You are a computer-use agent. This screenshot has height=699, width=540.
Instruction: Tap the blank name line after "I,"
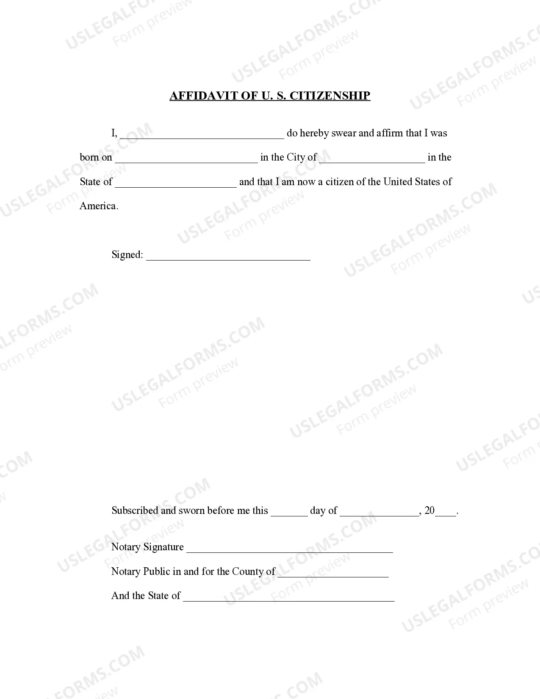pos(202,135)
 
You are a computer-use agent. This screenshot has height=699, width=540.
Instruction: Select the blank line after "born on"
pos(186,159)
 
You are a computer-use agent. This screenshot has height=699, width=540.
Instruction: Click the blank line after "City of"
pos(372,159)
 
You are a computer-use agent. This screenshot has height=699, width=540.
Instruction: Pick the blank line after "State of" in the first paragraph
pos(175,183)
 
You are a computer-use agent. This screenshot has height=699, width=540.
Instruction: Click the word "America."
pos(99,206)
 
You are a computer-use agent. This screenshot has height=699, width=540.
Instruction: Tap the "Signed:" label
pos(127,255)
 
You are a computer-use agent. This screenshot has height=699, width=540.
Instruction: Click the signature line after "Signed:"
pos(228,256)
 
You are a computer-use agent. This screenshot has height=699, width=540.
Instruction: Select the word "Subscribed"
pos(135,510)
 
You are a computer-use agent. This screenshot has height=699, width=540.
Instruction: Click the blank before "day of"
pos(289,512)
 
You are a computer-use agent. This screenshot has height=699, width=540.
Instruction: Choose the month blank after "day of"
pos(379,512)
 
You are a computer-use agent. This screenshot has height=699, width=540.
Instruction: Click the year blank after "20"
pos(446,512)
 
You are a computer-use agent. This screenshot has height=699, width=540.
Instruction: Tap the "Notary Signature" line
pos(290,549)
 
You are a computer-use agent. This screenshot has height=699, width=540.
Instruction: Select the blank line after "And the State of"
pos(288,598)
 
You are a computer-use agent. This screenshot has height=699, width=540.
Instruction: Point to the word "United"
pos(398,182)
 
